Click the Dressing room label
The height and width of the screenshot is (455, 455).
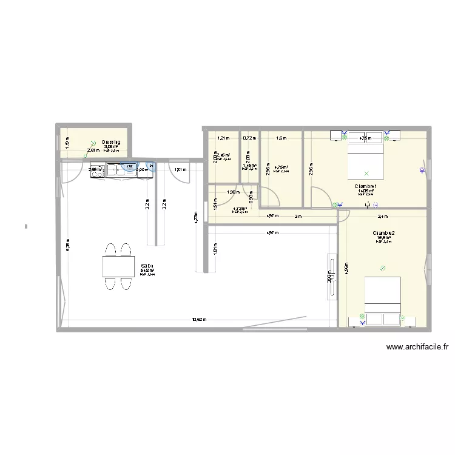point(112,142)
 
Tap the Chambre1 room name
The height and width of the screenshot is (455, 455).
point(366,186)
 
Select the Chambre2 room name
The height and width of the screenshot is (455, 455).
point(384,233)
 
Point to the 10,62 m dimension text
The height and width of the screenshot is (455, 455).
point(199,320)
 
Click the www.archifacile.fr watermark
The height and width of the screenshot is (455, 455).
point(418,348)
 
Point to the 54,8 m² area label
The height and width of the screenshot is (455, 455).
point(147,271)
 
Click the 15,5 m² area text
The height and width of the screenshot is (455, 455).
point(384,238)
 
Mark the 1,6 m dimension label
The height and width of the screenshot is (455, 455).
point(281,138)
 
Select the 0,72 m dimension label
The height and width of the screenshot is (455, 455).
point(249,138)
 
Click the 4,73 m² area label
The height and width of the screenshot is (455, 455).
point(240,208)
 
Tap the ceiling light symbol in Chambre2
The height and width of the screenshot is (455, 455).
point(382,268)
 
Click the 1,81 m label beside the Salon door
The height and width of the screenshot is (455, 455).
point(180,170)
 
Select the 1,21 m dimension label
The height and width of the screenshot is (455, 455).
point(221,138)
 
